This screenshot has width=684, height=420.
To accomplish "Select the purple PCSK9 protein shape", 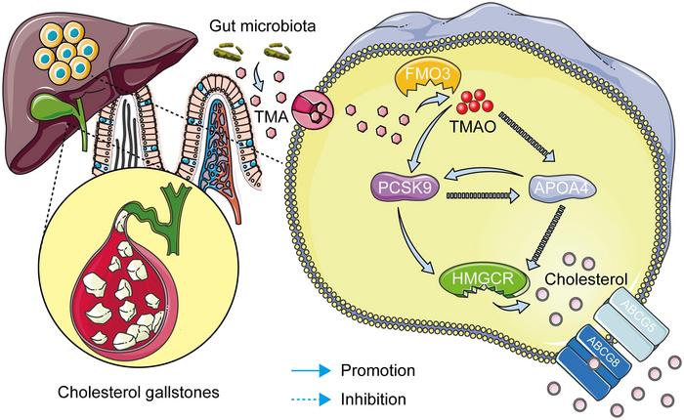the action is tap(404, 188).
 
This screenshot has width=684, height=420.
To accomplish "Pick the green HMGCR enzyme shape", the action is tap(483, 280).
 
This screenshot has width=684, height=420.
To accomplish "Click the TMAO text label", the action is tap(473, 126).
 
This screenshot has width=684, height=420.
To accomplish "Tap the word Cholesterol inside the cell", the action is tap(586, 278).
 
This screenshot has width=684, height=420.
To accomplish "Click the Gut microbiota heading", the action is tap(263, 25).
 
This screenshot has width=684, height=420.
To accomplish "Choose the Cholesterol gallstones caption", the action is tap(139, 392).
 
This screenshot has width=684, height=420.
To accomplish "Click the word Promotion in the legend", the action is tap(378, 370).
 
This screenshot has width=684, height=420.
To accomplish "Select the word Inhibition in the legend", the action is tap(373, 399).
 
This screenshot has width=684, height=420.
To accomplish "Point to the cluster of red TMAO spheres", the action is tap(475, 102).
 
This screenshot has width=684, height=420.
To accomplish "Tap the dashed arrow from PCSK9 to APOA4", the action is tap(483, 195).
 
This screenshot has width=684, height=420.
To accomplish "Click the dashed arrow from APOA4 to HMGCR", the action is tap(545, 238).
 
